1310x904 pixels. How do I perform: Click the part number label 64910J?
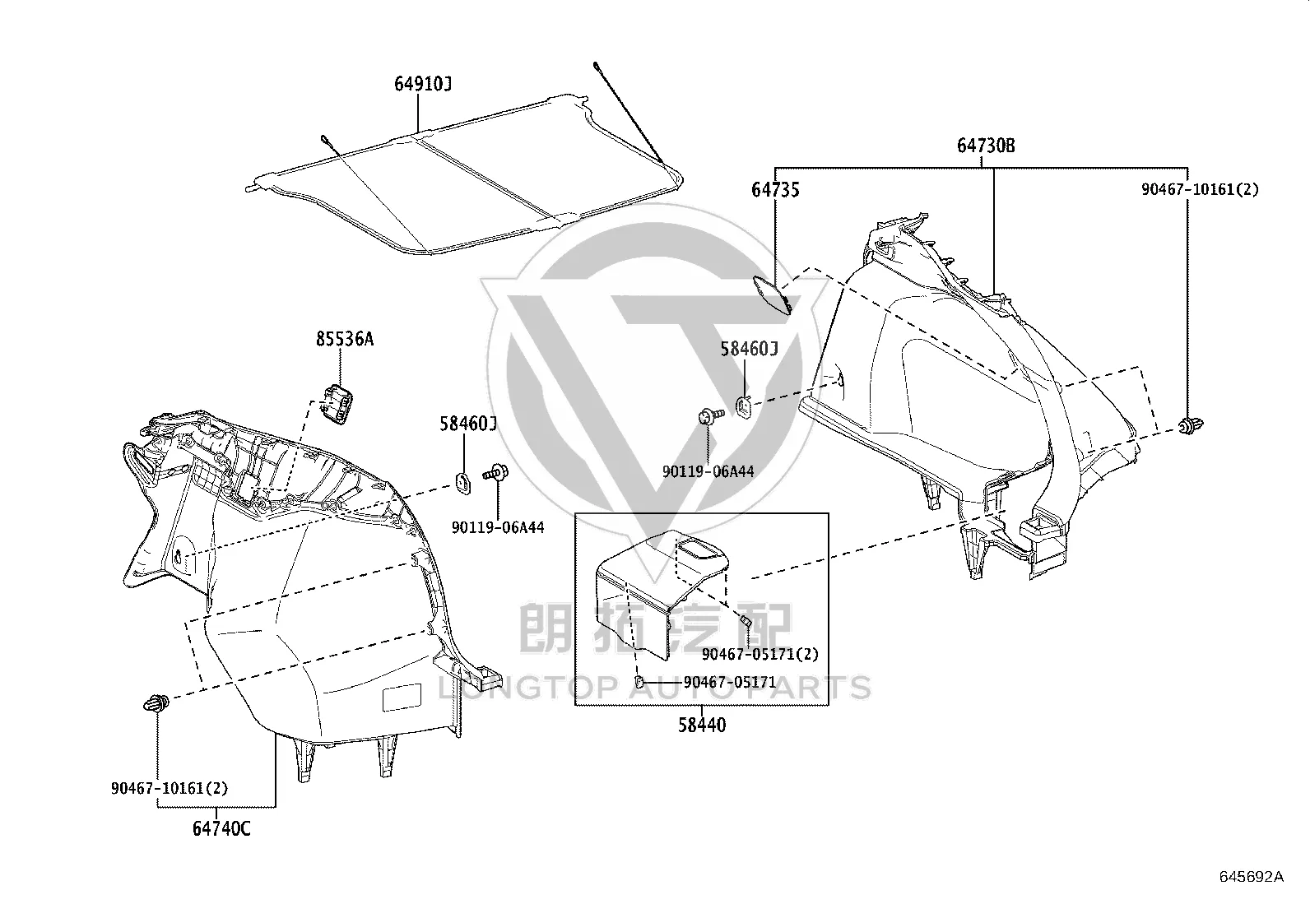click(423, 84)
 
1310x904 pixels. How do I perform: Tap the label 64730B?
click(986, 146)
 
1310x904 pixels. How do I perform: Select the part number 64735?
click(775, 189)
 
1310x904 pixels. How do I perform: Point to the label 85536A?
click(345, 339)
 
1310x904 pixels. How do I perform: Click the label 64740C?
click(221, 828)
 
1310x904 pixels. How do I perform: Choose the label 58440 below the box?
click(702, 725)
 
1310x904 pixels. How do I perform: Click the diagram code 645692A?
click(1252, 877)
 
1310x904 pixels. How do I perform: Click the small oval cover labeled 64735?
click(772, 294)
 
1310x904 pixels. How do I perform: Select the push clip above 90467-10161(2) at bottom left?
click(156, 702)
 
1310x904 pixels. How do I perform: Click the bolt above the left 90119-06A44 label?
click(495, 472)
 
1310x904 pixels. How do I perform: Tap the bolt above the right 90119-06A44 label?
click(711, 415)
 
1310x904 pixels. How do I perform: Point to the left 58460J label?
click(468, 424)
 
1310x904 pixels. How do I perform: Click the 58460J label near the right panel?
click(749, 349)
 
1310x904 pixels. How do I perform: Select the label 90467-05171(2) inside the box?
click(760, 654)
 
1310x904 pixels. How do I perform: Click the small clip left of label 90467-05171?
click(639, 681)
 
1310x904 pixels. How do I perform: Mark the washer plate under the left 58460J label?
click(463, 483)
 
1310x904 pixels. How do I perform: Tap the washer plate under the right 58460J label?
click(743, 407)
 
